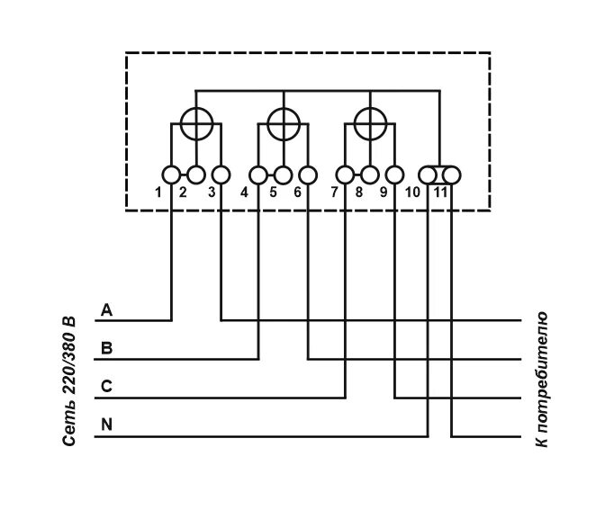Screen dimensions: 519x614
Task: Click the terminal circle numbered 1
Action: coord(171,174)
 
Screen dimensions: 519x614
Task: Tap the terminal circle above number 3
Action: coord(221,174)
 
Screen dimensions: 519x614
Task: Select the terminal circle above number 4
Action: coord(258,174)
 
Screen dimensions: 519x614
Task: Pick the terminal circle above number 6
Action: coord(308,174)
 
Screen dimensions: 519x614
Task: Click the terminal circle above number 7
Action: coord(345,174)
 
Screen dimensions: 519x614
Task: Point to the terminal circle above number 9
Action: coord(394,174)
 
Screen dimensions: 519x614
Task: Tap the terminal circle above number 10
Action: coord(429,174)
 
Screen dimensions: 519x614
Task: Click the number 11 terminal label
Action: coord(441,192)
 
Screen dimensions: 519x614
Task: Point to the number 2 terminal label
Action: coord(183,192)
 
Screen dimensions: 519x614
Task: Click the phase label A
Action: coord(107,310)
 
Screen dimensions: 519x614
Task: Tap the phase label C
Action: coord(107,387)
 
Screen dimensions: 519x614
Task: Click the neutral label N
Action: coord(107,425)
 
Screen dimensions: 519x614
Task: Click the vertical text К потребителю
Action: coord(541,379)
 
